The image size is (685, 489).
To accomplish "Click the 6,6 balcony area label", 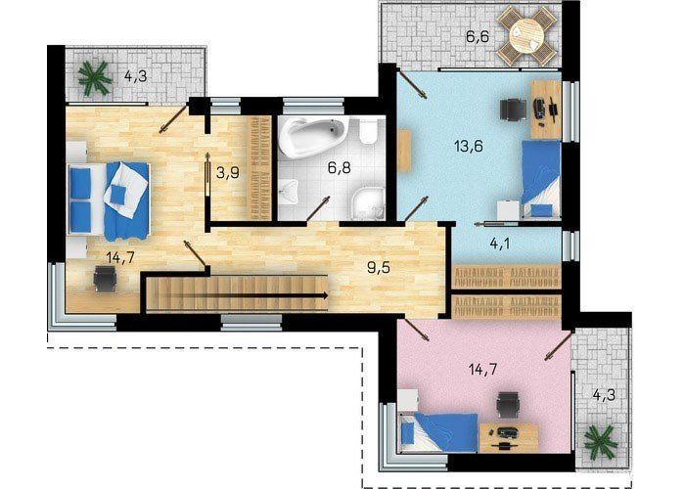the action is tap(478, 37).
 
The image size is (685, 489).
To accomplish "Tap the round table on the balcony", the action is tap(526, 37).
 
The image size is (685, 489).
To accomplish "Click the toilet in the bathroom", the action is tap(368, 132).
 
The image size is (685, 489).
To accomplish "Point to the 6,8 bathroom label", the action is tap(339, 167).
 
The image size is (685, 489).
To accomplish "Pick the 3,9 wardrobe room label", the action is tap(228, 173).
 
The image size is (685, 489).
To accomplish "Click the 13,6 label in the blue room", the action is tap(469, 146).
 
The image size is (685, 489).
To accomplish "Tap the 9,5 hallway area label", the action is tap(379, 267).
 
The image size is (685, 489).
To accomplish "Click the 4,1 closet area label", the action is tap(500, 244).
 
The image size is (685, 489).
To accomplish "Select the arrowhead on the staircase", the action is tap(325, 295).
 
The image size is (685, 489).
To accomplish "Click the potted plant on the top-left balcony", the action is tap(94, 78).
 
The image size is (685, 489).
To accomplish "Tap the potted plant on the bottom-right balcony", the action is tap(601, 440).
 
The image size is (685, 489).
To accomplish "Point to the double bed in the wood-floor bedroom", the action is tap(109, 200).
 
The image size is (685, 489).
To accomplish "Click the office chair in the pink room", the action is tap(509, 405).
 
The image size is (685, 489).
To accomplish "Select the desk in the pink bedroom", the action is tap(509, 438).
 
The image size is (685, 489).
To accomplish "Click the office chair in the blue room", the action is tap(513, 109).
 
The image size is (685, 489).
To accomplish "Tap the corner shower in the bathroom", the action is tap(368, 203).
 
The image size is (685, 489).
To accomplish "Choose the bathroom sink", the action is tap(288, 192).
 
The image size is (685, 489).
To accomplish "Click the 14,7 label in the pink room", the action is tap(483, 370).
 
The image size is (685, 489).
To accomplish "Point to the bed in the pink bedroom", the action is tap(438, 432).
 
